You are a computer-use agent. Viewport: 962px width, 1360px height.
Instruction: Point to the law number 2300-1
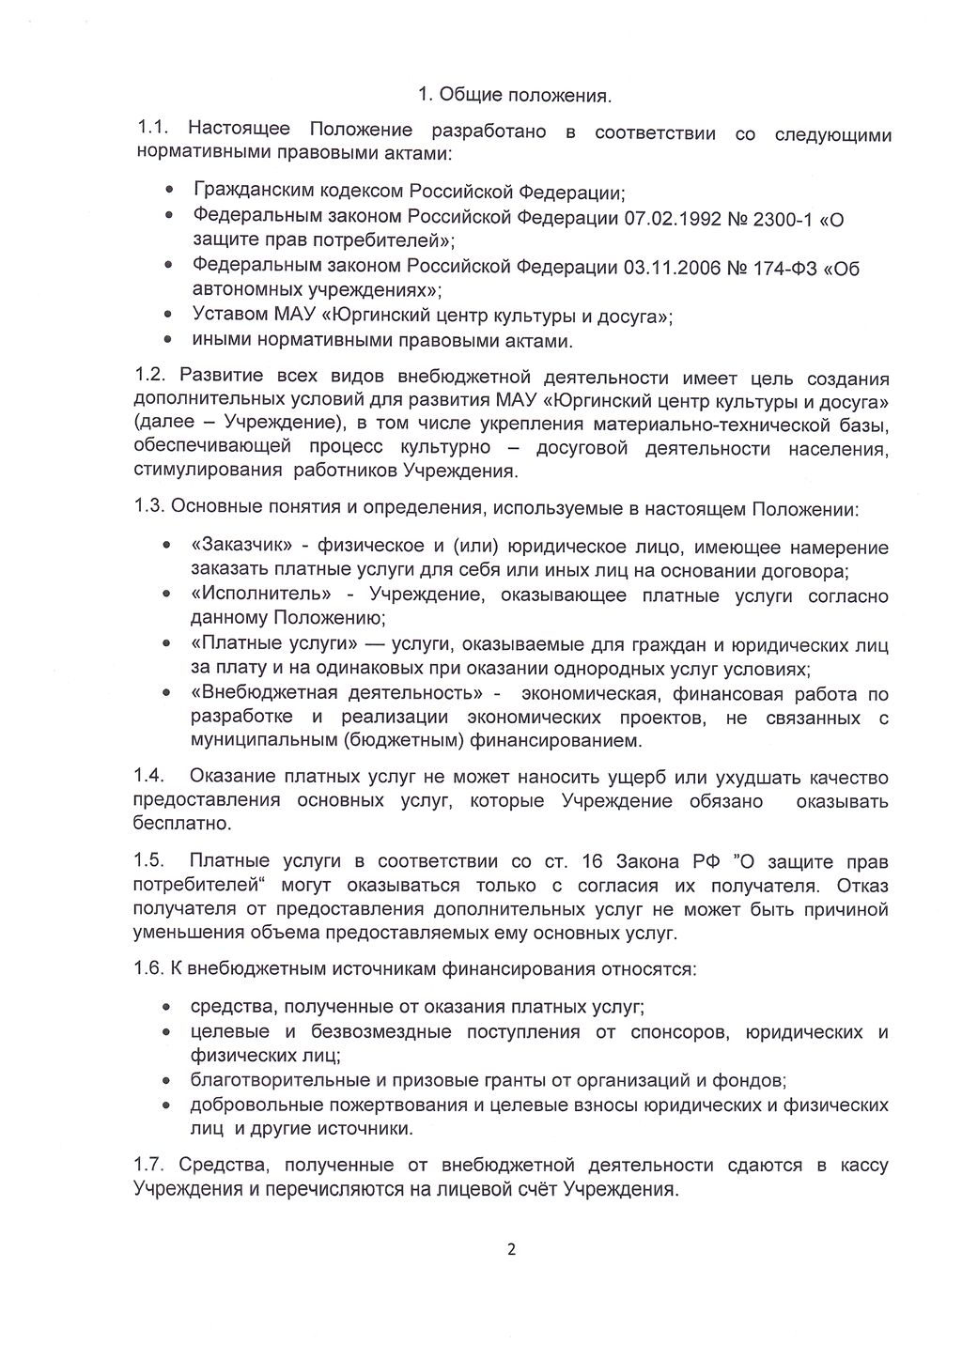pos(776,219)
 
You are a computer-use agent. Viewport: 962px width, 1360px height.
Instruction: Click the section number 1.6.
pos(150,968)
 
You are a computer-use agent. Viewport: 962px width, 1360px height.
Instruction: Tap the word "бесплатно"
pos(181,824)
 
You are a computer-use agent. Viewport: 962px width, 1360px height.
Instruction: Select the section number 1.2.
pos(150,378)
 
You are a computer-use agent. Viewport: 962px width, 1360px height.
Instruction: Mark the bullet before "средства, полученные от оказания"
pos(167,1007)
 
